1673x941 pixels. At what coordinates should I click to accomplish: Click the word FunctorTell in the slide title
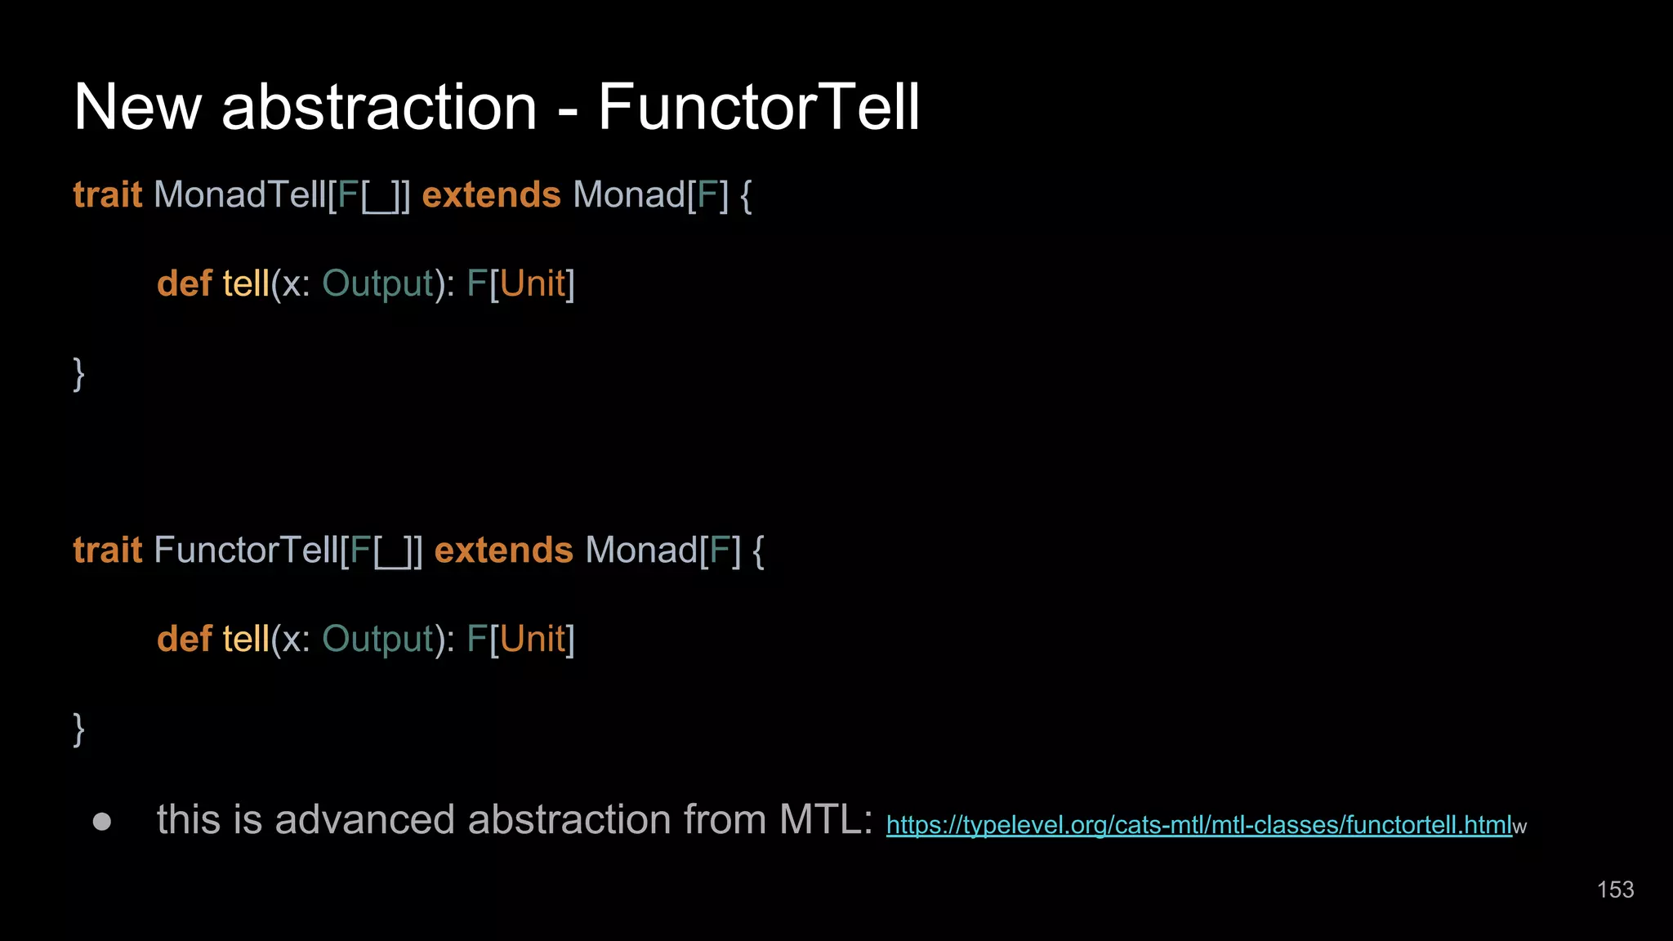[759, 107]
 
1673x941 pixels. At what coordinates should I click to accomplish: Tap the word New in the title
[137, 107]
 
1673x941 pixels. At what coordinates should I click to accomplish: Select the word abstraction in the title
[379, 107]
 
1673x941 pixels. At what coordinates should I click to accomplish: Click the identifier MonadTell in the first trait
[239, 195]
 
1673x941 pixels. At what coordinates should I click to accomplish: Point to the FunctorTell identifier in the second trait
[246, 551]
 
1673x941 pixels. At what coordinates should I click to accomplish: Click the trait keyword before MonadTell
[108, 195]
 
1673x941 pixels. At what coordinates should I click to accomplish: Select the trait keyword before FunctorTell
[108, 551]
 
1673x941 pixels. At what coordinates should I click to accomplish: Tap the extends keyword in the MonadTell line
[491, 195]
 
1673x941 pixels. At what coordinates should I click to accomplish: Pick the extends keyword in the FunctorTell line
[503, 551]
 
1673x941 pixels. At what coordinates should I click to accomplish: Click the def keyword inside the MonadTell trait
[185, 284]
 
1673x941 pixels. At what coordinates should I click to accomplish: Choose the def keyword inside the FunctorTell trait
[185, 640]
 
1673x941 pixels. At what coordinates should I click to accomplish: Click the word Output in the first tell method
[378, 284]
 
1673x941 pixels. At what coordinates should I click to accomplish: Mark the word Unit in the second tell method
[533, 640]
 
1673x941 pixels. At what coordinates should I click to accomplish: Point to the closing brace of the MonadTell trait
[78, 374]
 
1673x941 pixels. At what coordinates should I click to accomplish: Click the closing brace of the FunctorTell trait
[78, 729]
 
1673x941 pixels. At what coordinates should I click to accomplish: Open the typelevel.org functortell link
[1198, 825]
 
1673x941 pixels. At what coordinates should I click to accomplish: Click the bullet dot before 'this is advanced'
[102, 821]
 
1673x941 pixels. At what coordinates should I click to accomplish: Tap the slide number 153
[1615, 890]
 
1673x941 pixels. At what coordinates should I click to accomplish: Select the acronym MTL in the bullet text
[825, 819]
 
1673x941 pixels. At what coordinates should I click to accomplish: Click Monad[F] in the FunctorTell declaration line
[663, 551]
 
